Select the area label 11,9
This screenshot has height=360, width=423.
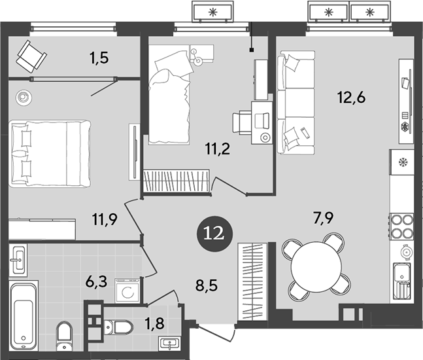coord(105,219)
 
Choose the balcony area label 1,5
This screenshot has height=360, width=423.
coord(99,58)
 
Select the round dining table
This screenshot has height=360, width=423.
coord(316,268)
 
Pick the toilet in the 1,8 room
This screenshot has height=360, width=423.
coord(119,327)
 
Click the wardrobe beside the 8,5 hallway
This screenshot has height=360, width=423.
coord(252,282)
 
